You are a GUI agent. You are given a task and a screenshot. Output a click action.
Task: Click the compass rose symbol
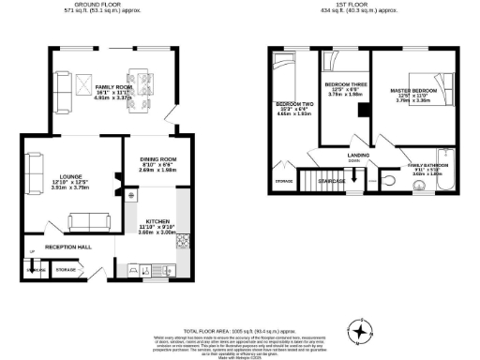coord(361,330)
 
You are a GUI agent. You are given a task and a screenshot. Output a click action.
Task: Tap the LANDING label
coord(357,155)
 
